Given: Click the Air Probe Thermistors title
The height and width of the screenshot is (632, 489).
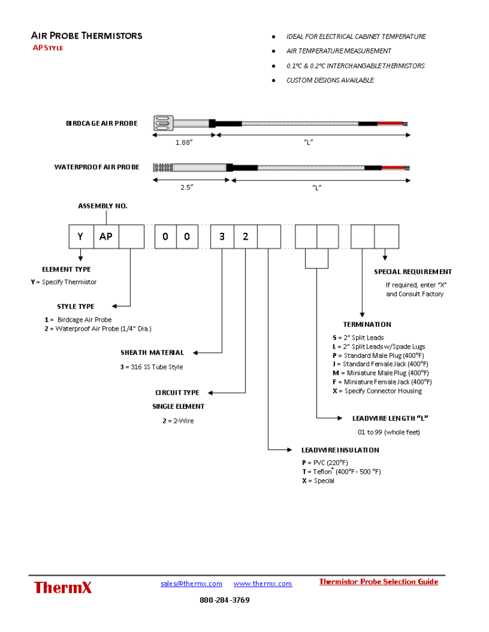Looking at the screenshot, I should [87, 36].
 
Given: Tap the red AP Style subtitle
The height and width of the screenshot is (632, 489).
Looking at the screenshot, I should [48, 48].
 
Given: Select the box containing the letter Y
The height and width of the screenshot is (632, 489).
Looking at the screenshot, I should [81, 237].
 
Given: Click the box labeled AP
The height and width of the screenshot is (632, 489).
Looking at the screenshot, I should [106, 237].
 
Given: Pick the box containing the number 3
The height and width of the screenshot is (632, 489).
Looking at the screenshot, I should [222, 237].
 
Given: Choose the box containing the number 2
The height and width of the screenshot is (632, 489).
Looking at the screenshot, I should [246, 237].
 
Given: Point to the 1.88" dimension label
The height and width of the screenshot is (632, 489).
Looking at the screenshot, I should [184, 142].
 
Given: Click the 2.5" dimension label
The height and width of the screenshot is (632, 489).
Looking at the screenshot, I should [186, 188].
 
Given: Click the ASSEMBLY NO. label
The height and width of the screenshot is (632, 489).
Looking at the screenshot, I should [103, 206].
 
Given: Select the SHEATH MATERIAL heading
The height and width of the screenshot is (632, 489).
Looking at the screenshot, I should [152, 352].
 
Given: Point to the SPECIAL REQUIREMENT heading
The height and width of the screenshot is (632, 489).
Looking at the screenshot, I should [413, 271].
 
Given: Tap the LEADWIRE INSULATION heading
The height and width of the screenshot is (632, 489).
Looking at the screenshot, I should [340, 450].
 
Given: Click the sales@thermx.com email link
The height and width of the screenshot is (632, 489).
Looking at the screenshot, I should [191, 584].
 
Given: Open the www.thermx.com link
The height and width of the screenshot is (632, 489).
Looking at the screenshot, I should [262, 584].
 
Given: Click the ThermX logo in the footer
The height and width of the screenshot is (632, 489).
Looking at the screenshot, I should [63, 587].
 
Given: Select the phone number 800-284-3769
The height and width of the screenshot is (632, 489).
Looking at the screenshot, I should [225, 600].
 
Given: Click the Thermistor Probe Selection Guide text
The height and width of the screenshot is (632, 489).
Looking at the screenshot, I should [378, 582].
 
